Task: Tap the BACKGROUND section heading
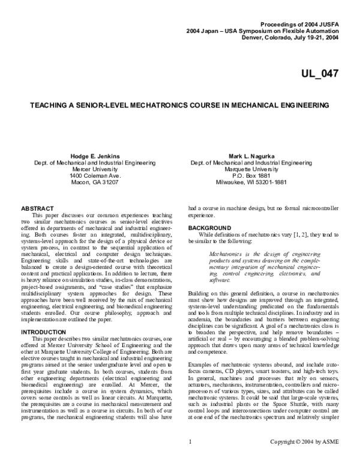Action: [x=211, y=229]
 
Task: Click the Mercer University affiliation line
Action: [x=92, y=169]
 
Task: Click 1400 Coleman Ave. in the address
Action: [x=92, y=175]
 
